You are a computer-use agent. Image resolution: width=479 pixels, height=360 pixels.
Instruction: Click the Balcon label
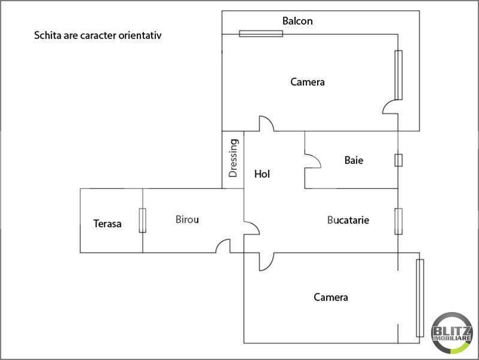tap(297, 21)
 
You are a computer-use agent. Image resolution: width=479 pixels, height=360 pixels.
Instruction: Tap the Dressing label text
tap(234, 158)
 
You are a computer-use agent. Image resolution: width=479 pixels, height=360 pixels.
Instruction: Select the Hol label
tap(262, 175)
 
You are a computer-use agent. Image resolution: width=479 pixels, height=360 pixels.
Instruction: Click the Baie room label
tap(354, 161)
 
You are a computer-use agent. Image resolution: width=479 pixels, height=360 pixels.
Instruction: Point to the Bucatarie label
tap(348, 220)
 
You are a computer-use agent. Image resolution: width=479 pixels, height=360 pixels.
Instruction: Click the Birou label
tap(187, 220)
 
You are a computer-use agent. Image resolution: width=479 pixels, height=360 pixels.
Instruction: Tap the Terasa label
tap(107, 224)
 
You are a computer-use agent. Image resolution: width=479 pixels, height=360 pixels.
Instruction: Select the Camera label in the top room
tap(308, 82)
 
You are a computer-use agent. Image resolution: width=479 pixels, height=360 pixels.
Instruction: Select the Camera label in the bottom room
tap(331, 297)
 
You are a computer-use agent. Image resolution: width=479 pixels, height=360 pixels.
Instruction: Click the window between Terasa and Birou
tap(142, 220)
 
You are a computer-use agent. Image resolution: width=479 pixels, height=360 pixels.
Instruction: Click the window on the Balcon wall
tap(261, 34)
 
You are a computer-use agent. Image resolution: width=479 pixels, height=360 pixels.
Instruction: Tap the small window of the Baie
tap(398, 160)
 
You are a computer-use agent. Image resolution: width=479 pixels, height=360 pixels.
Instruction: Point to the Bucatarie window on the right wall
tap(398, 221)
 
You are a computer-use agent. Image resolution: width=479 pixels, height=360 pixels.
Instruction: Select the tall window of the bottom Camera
tap(420, 298)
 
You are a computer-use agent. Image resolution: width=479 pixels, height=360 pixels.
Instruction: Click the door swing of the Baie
tap(313, 160)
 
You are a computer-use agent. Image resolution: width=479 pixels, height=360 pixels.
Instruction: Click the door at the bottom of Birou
tap(223, 246)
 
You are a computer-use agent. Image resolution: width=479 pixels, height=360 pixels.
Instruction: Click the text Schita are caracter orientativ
tap(98, 35)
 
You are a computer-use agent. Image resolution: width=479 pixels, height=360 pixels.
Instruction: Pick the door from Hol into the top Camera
tap(266, 123)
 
